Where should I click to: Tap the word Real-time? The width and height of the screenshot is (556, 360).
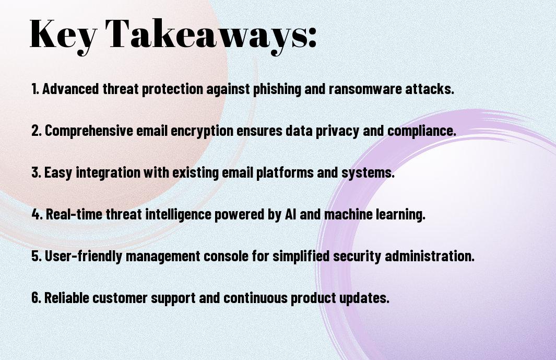(74, 214)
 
